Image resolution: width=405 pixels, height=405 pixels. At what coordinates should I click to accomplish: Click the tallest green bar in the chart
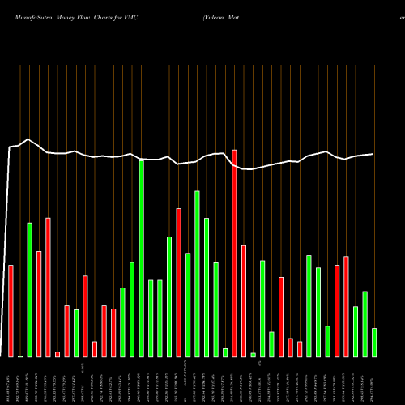(141, 258)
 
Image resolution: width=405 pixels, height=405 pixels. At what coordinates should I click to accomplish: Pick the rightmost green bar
(374, 342)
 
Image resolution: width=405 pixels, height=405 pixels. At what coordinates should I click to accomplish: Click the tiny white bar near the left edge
(20, 356)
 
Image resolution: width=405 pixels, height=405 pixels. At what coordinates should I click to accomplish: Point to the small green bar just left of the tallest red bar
(225, 352)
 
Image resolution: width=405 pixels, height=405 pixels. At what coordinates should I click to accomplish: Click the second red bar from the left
(39, 304)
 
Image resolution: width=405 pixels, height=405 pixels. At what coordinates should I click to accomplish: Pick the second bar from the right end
(364, 323)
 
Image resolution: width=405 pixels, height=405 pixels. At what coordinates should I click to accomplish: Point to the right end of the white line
(373, 154)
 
